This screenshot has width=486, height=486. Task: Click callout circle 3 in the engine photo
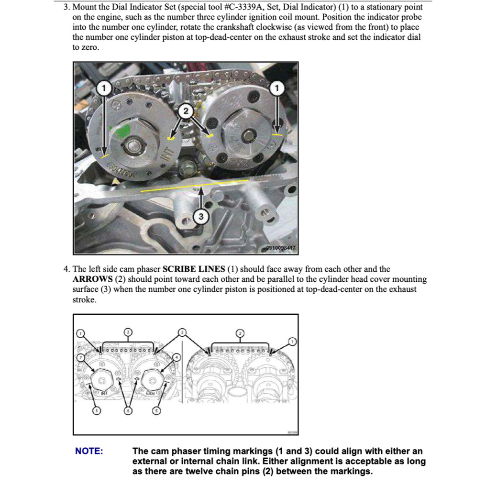200,217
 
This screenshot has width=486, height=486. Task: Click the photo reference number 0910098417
281,248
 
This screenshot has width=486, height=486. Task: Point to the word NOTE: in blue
89,451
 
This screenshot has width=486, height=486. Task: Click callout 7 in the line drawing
81,357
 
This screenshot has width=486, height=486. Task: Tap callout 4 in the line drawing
177,357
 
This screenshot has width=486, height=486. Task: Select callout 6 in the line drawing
128,411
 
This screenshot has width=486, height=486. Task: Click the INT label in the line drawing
104,393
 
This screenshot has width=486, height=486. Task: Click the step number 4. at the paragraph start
66,269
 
